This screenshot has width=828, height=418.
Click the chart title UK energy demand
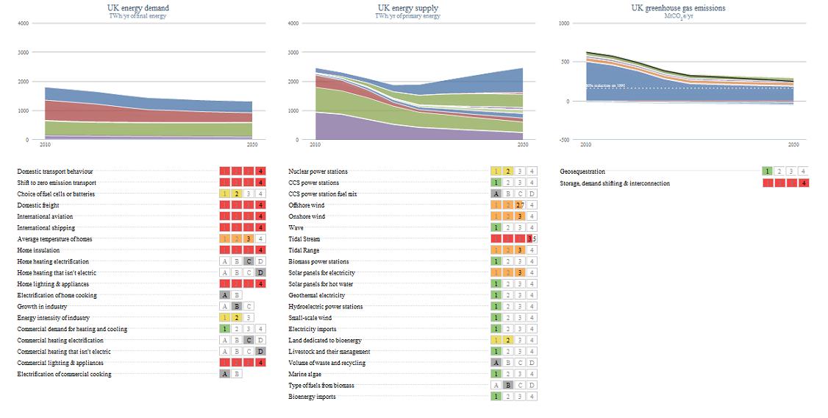pos(138,8)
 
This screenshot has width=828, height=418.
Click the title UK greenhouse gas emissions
pos(678,8)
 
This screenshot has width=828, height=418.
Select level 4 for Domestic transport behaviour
pos(260,171)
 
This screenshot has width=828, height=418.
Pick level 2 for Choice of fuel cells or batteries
pos(237,194)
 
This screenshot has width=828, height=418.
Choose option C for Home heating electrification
pos(249,261)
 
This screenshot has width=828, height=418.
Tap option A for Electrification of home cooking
pos(225,295)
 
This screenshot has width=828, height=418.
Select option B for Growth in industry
pos(237,306)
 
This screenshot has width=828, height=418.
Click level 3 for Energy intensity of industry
pos(249,318)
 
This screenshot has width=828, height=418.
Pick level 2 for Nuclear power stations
pos(508,171)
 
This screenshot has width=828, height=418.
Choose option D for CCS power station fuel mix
pos(532,194)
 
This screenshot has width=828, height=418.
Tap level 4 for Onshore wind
pos(532,216)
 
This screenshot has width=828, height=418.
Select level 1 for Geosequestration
pos(768,171)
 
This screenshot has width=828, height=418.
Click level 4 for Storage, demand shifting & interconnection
pos(803,183)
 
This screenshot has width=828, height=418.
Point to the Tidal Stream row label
pos(304,239)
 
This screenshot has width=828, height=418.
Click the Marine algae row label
pos(304,374)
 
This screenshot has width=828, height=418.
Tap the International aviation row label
pos(45,216)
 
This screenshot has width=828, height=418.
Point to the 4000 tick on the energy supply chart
pos(293,24)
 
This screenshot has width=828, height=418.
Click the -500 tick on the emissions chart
pos(564,140)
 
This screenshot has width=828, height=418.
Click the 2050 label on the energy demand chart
pos(251,145)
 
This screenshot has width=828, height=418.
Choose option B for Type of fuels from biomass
pos(508,386)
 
